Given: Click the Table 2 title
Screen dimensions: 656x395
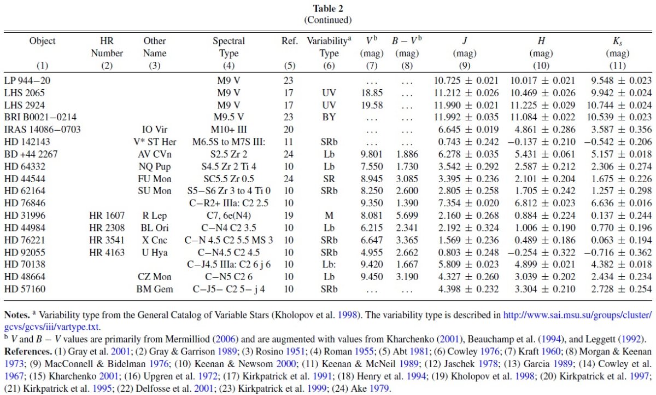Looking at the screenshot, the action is click(x=327, y=9).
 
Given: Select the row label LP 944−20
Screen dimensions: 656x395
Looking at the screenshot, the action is click(x=27, y=80).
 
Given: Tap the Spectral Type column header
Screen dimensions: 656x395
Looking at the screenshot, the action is click(x=229, y=47).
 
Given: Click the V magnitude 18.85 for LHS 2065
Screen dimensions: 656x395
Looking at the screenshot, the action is click(x=372, y=93).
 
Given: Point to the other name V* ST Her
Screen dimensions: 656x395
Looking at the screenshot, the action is click(x=155, y=142).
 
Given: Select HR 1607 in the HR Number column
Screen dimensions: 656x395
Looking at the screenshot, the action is click(x=107, y=216).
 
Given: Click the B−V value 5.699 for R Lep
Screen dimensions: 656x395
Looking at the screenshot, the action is click(x=407, y=216).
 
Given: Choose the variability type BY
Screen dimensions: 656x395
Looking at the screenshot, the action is click(x=329, y=117).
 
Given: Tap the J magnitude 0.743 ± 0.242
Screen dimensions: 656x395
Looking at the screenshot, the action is click(x=468, y=142).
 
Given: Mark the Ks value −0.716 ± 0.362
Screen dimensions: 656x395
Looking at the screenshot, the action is click(x=618, y=253).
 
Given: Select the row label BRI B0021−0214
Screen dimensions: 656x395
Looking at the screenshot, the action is click(x=40, y=117).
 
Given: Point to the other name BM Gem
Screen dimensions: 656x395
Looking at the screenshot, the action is click(x=155, y=289).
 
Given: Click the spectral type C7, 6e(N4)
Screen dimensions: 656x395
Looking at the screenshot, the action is click(x=229, y=216).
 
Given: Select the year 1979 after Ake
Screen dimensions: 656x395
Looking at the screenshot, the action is click(x=379, y=388).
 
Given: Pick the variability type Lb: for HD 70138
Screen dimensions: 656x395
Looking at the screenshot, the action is click(x=329, y=265).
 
